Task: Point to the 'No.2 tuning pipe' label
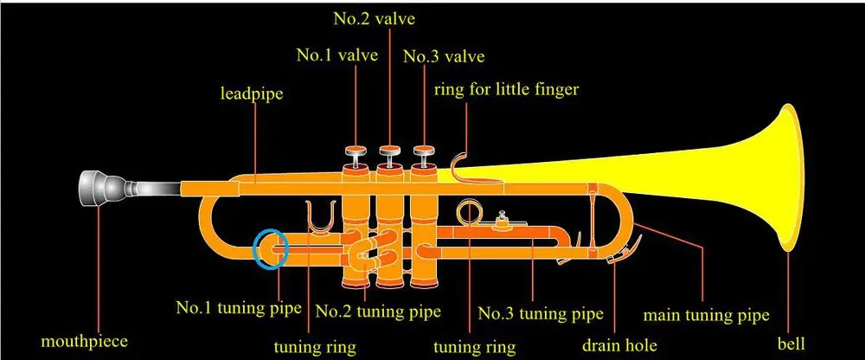click(x=379, y=310)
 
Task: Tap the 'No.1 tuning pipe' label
click(x=239, y=307)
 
